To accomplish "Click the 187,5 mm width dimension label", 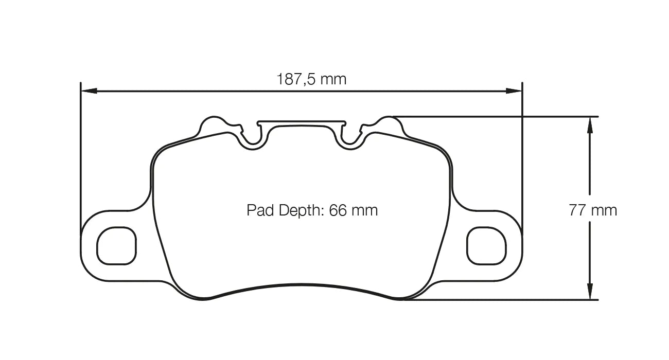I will point(311,79).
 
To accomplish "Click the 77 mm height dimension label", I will point(592,210).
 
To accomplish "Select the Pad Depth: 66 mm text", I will point(312,210).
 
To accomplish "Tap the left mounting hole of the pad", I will point(117,246).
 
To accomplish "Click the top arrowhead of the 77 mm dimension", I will point(590,123).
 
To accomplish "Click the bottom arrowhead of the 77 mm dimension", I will point(590,292).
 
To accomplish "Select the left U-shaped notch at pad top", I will point(252,138).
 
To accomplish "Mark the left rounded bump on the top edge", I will point(212,124).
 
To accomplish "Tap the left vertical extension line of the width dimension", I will point(81,154).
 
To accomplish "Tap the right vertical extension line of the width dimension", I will point(522,154).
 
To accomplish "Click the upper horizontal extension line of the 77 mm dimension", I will point(494,116).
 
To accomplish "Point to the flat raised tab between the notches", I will point(302,123).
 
